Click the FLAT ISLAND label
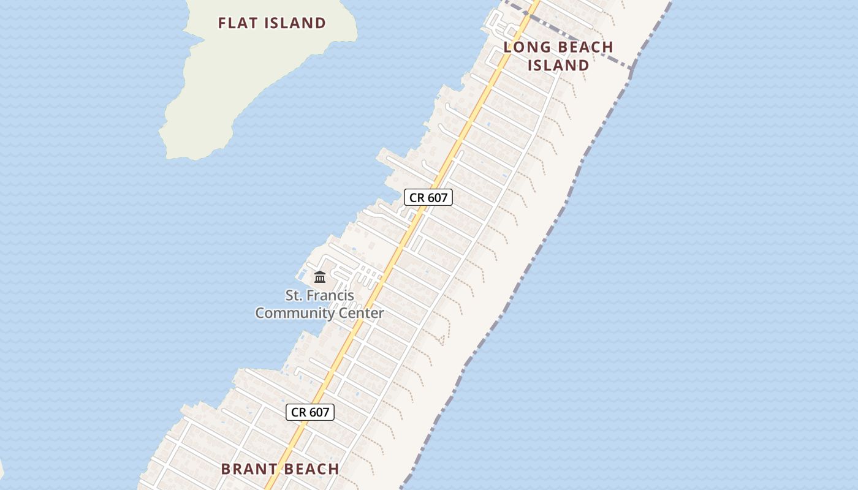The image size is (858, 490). [x=272, y=23]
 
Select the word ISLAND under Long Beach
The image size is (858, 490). [x=558, y=65]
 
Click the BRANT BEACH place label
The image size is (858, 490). [x=280, y=469]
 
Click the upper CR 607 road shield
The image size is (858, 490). [x=428, y=197]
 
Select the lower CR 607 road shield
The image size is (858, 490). [x=310, y=412]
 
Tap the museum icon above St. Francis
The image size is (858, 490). [x=319, y=277]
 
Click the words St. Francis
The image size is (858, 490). [x=319, y=295]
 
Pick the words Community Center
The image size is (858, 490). [x=319, y=313]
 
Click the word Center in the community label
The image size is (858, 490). [x=361, y=313]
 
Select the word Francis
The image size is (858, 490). [x=330, y=295]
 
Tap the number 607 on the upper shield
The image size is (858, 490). [x=438, y=197]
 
